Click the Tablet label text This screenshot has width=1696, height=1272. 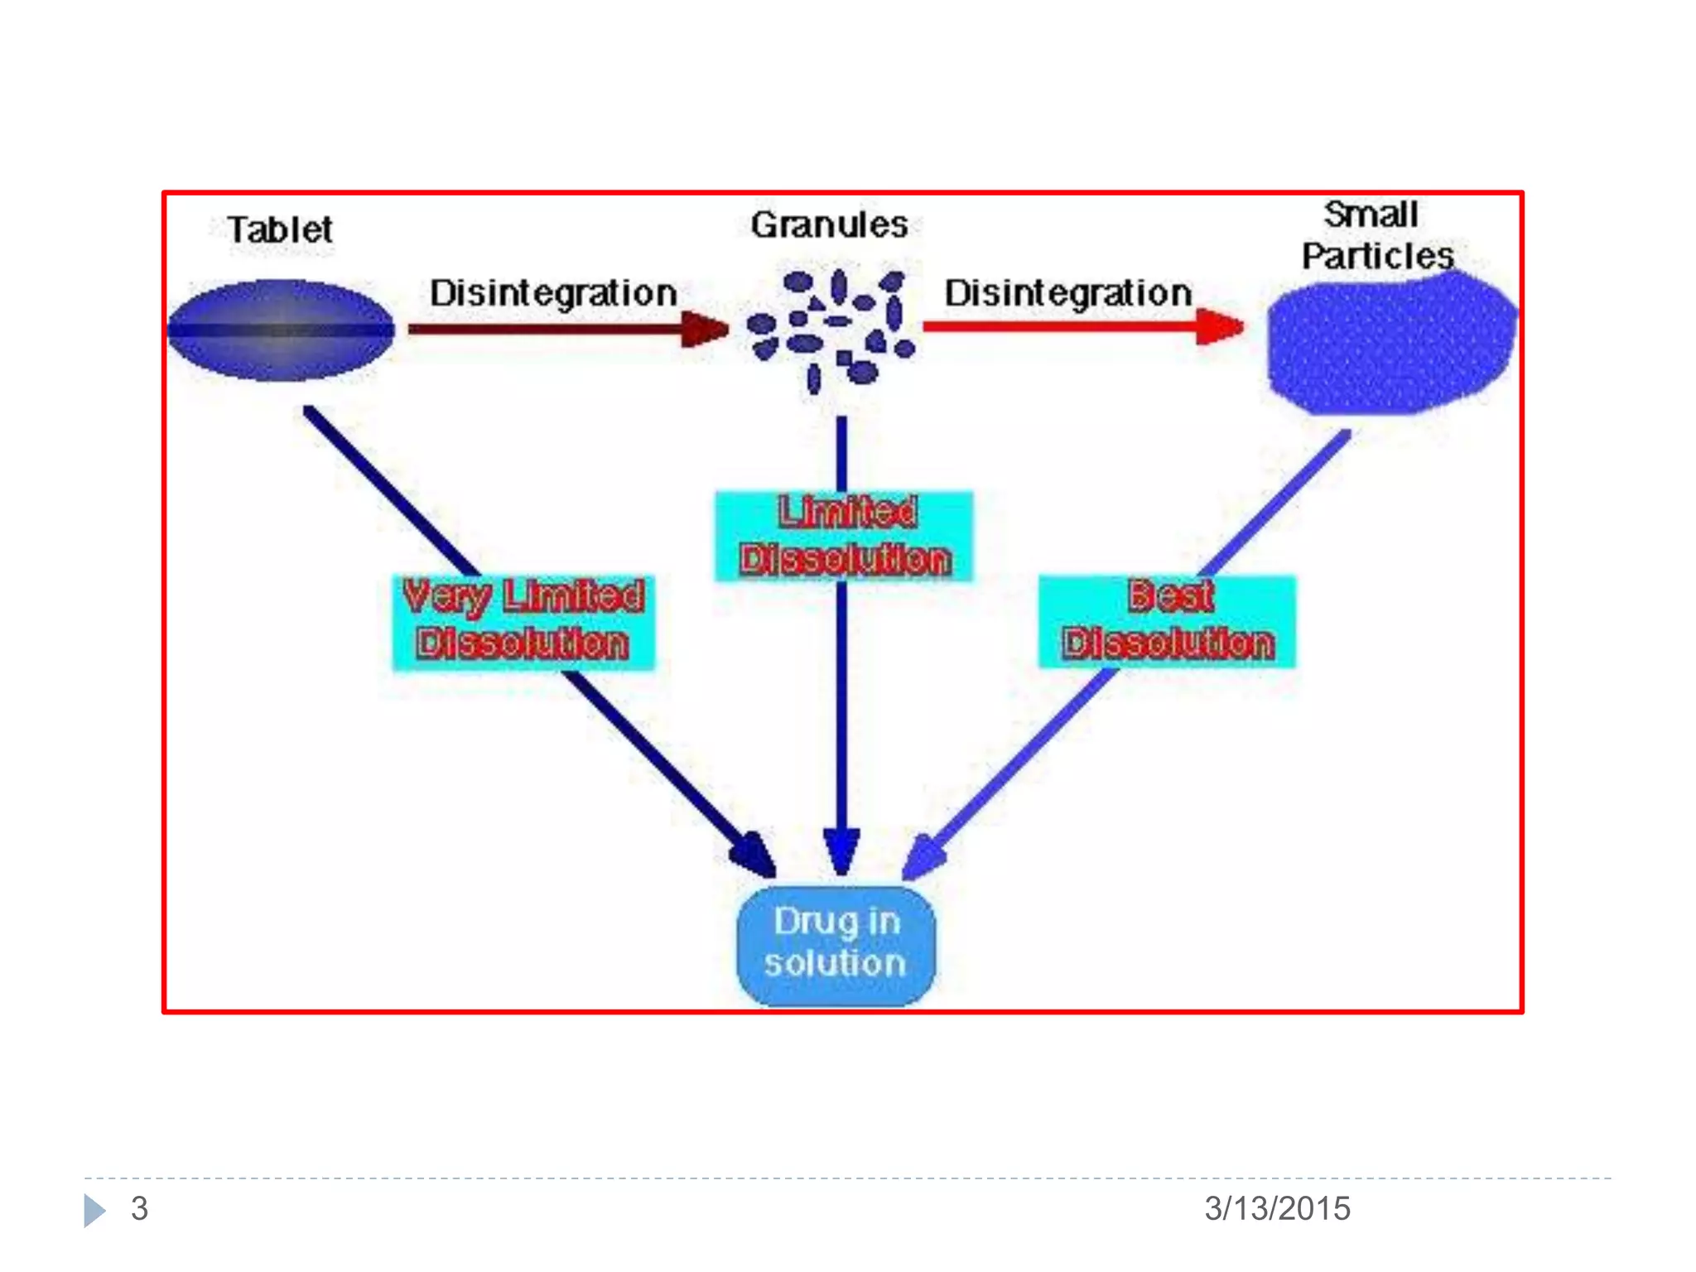[280, 229]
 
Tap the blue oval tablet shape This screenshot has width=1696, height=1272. [282, 330]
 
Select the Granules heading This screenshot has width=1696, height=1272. [829, 224]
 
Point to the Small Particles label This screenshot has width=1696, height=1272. [1376, 235]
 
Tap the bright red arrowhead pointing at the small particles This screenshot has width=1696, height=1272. [1219, 326]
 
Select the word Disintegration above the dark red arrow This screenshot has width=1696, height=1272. [553, 293]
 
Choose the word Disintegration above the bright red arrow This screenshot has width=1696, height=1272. [1068, 293]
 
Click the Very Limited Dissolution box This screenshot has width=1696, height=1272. [523, 621]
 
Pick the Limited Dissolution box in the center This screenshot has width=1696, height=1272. [844, 536]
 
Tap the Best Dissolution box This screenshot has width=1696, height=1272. [1168, 621]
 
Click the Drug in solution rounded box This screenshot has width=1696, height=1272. [836, 944]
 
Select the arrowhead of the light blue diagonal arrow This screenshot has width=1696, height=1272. [924, 858]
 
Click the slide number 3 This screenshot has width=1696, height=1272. [139, 1208]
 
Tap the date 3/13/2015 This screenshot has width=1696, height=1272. [1277, 1208]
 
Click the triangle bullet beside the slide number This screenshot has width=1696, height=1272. [94, 1210]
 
